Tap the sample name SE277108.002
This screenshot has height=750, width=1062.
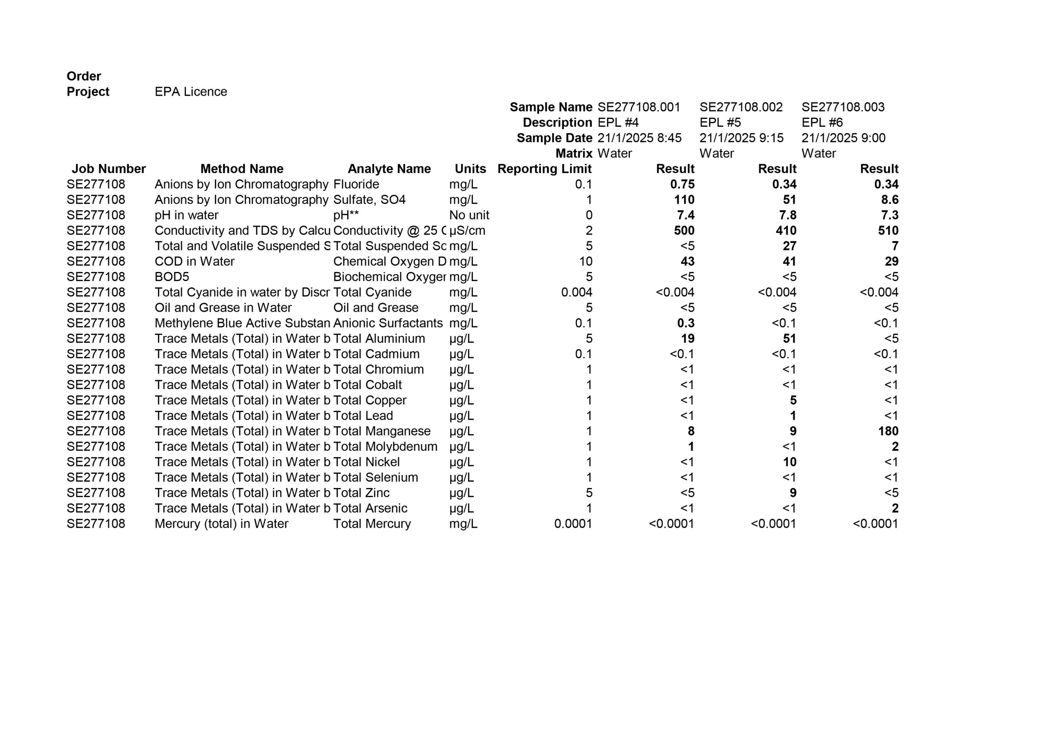click(740, 107)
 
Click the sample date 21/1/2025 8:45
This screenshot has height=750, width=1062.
click(639, 138)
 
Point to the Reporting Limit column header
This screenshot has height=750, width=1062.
click(544, 169)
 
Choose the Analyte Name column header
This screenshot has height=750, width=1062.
click(389, 169)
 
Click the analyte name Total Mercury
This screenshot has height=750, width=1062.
click(372, 524)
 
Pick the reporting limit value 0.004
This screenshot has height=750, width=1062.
click(576, 292)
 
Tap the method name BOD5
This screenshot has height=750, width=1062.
click(172, 277)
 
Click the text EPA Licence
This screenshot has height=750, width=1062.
click(190, 92)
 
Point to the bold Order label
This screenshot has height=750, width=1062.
click(84, 76)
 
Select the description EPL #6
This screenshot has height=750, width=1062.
click(822, 123)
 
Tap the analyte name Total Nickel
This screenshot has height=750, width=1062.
click(366, 462)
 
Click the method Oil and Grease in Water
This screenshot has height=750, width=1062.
click(223, 308)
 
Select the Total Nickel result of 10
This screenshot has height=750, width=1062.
click(789, 462)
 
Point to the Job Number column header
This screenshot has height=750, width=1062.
click(109, 169)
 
